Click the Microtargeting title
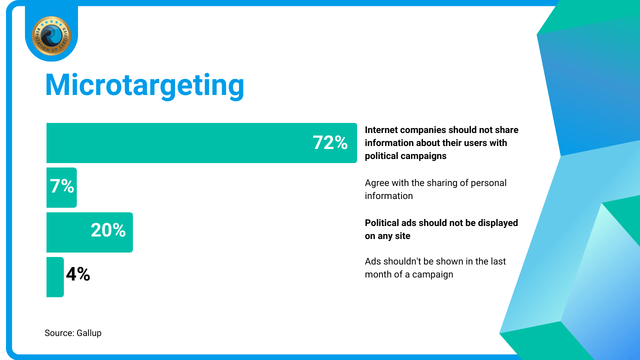click(144, 85)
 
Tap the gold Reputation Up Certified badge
click(51, 35)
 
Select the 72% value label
click(330, 142)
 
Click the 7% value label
click(62, 186)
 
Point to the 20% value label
click(108, 230)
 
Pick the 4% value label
click(78, 274)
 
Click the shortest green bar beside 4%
click(55, 277)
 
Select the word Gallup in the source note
click(89, 333)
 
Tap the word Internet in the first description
click(381, 130)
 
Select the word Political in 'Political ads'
click(381, 223)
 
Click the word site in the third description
click(402, 236)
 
